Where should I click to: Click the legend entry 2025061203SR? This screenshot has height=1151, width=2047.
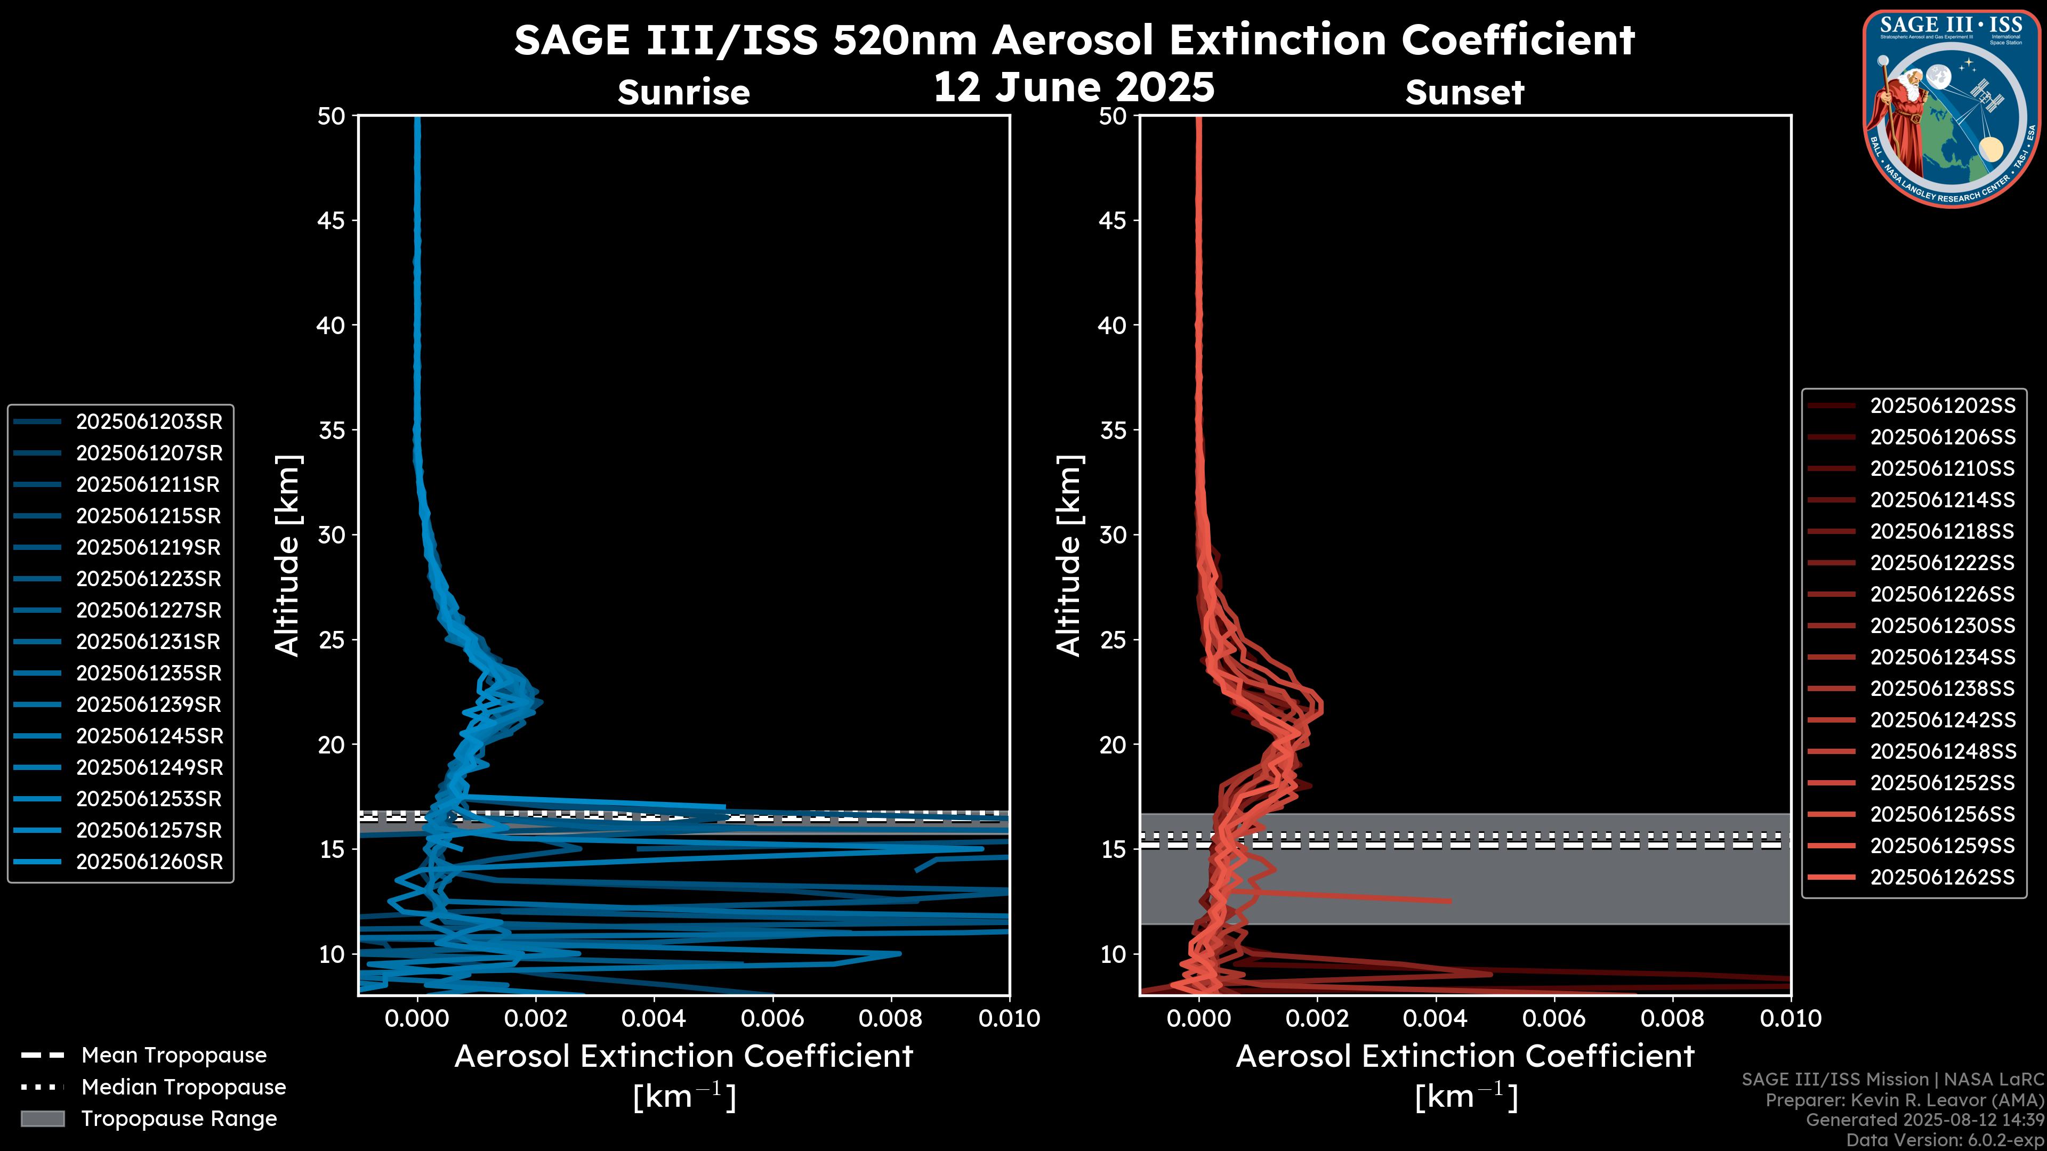[149, 422]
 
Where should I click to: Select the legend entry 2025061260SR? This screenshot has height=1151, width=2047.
[149, 862]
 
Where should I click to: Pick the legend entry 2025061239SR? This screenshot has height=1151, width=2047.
[149, 704]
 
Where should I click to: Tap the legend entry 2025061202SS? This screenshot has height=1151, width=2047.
[1942, 406]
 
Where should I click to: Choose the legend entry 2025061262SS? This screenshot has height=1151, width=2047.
[1942, 877]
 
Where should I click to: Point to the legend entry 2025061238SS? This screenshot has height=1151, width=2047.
[1942, 688]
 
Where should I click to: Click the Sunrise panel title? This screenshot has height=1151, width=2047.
[683, 93]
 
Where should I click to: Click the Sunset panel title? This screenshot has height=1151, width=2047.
[1464, 93]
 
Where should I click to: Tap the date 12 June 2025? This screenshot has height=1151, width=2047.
[1074, 87]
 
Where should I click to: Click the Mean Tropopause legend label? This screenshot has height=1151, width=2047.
[174, 1056]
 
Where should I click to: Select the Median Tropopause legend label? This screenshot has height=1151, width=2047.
[183, 1088]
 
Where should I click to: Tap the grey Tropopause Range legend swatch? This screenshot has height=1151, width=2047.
[43, 1119]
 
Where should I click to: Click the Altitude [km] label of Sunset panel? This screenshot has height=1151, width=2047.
[1069, 556]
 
